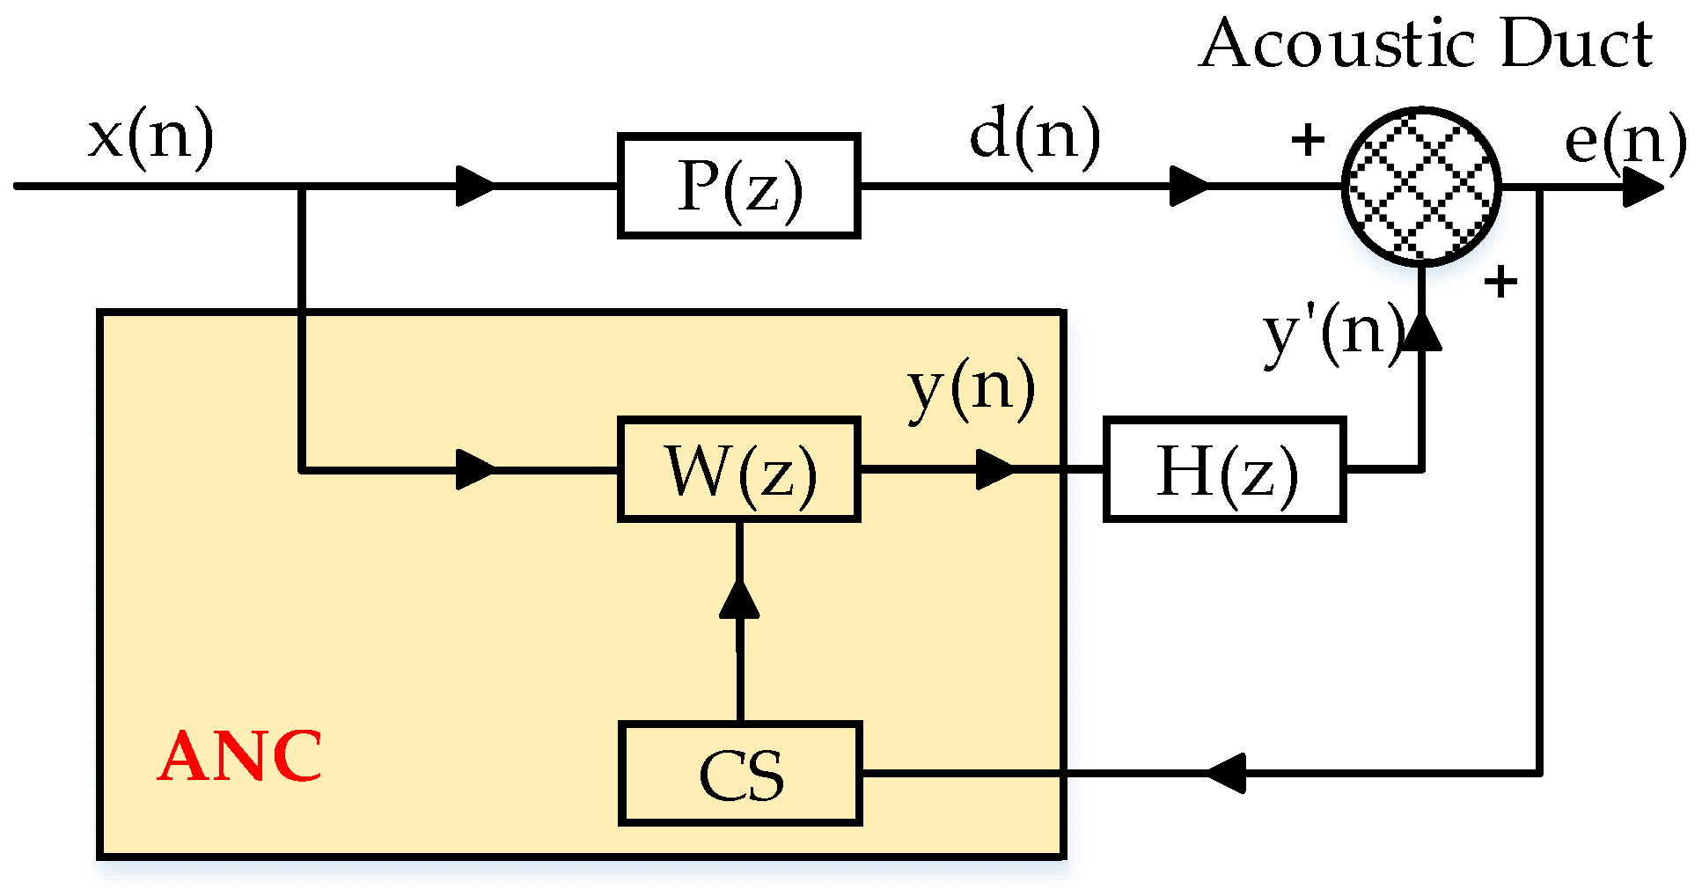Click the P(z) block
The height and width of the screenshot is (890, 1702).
[738, 186]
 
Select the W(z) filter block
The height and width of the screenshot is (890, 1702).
[738, 470]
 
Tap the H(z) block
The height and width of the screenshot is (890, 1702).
[1224, 470]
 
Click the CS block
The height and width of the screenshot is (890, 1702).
[739, 774]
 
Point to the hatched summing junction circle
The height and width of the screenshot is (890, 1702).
[1421, 187]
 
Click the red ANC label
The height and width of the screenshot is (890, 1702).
[240, 755]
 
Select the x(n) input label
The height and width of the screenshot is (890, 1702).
[150, 136]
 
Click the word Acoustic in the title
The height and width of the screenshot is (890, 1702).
[1338, 44]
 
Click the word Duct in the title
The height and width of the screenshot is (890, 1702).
[1575, 44]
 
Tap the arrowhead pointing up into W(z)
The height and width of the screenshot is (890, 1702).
[739, 599]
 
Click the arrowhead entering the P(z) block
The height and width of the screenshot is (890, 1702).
[475, 187]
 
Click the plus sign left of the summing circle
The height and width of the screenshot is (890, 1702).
[1308, 139]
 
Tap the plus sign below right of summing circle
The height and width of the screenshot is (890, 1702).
[1500, 283]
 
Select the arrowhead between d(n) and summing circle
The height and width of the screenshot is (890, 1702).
[1188, 187]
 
